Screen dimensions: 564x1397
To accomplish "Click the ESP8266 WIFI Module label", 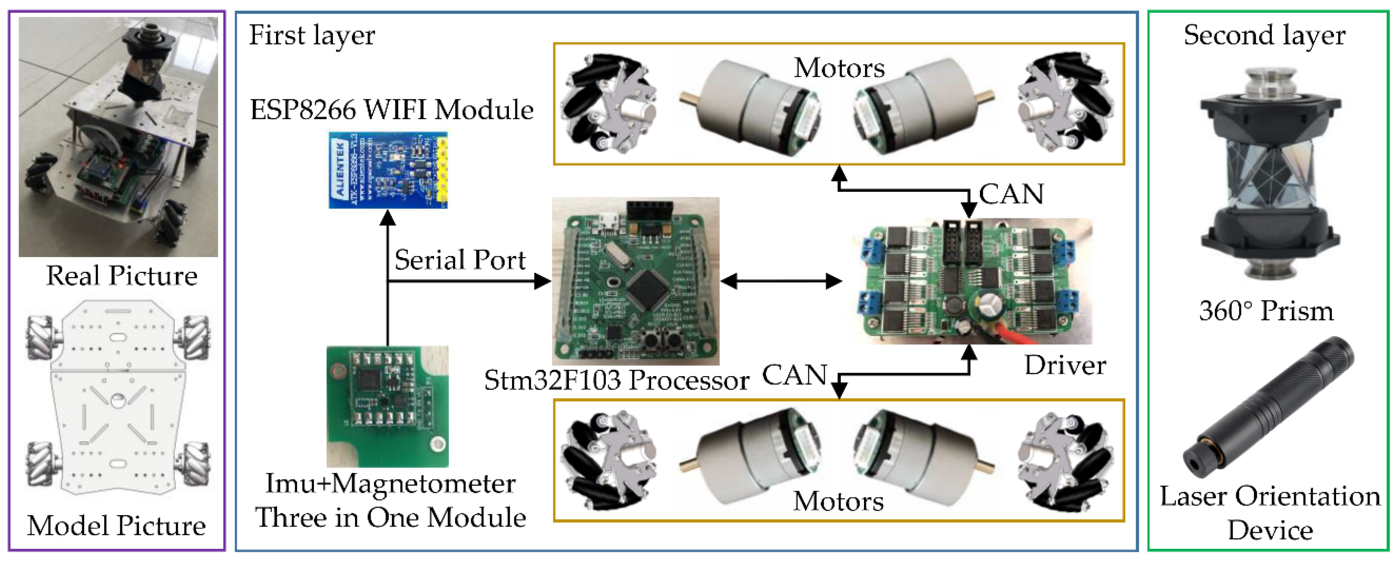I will [391, 110].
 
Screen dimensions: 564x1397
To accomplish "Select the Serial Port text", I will [460, 260].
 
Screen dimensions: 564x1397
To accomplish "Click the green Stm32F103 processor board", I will [635, 281].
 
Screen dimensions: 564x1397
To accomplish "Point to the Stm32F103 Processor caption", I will [616, 380].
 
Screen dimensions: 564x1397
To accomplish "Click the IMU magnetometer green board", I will [387, 406].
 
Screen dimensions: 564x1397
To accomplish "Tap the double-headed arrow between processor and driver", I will [781, 281].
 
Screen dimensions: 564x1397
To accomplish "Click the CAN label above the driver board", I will [1011, 194].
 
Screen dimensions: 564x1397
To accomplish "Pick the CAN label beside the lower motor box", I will [794, 375].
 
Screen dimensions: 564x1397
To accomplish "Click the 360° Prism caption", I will [1266, 311].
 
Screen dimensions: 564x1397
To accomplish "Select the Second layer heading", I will [1264, 35].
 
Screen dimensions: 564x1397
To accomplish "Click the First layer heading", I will [312, 35].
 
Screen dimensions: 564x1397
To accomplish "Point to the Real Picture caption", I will [121, 276].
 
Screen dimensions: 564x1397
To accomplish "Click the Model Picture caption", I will [117, 526].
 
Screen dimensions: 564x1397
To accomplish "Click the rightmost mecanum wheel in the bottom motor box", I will [1066, 460].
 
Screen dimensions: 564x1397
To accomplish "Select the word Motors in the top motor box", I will [839, 68].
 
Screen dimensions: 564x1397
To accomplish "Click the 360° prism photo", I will [1269, 174].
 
